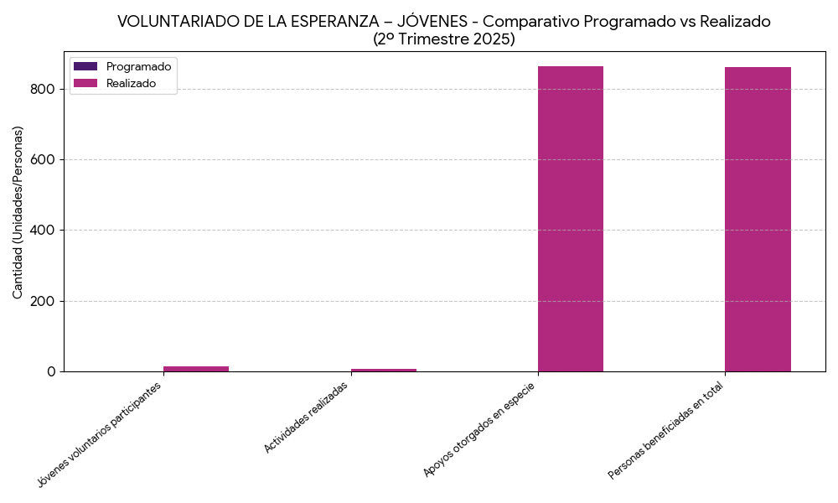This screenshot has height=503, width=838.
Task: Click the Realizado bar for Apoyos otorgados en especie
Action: (x=570, y=219)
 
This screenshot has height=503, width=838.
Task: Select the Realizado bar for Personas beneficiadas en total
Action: (x=758, y=219)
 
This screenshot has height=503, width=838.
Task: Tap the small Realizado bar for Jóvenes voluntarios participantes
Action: (x=196, y=368)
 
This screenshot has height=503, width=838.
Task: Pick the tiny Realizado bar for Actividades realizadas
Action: (x=383, y=370)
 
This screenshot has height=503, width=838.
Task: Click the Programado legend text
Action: (x=138, y=66)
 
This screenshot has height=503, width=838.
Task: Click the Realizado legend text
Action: (x=131, y=83)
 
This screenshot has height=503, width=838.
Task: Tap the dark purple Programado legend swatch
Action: (x=85, y=66)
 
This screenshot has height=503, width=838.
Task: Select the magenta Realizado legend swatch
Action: (x=85, y=83)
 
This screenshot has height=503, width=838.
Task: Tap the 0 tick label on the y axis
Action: (x=51, y=371)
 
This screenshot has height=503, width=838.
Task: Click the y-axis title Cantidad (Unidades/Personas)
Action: (x=18, y=212)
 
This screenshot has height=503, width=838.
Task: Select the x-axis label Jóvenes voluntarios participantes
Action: (x=99, y=434)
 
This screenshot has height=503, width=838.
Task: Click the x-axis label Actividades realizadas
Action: (x=306, y=417)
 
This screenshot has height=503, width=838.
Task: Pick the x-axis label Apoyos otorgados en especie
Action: (x=479, y=429)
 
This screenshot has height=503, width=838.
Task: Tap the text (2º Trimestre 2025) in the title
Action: (x=443, y=39)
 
